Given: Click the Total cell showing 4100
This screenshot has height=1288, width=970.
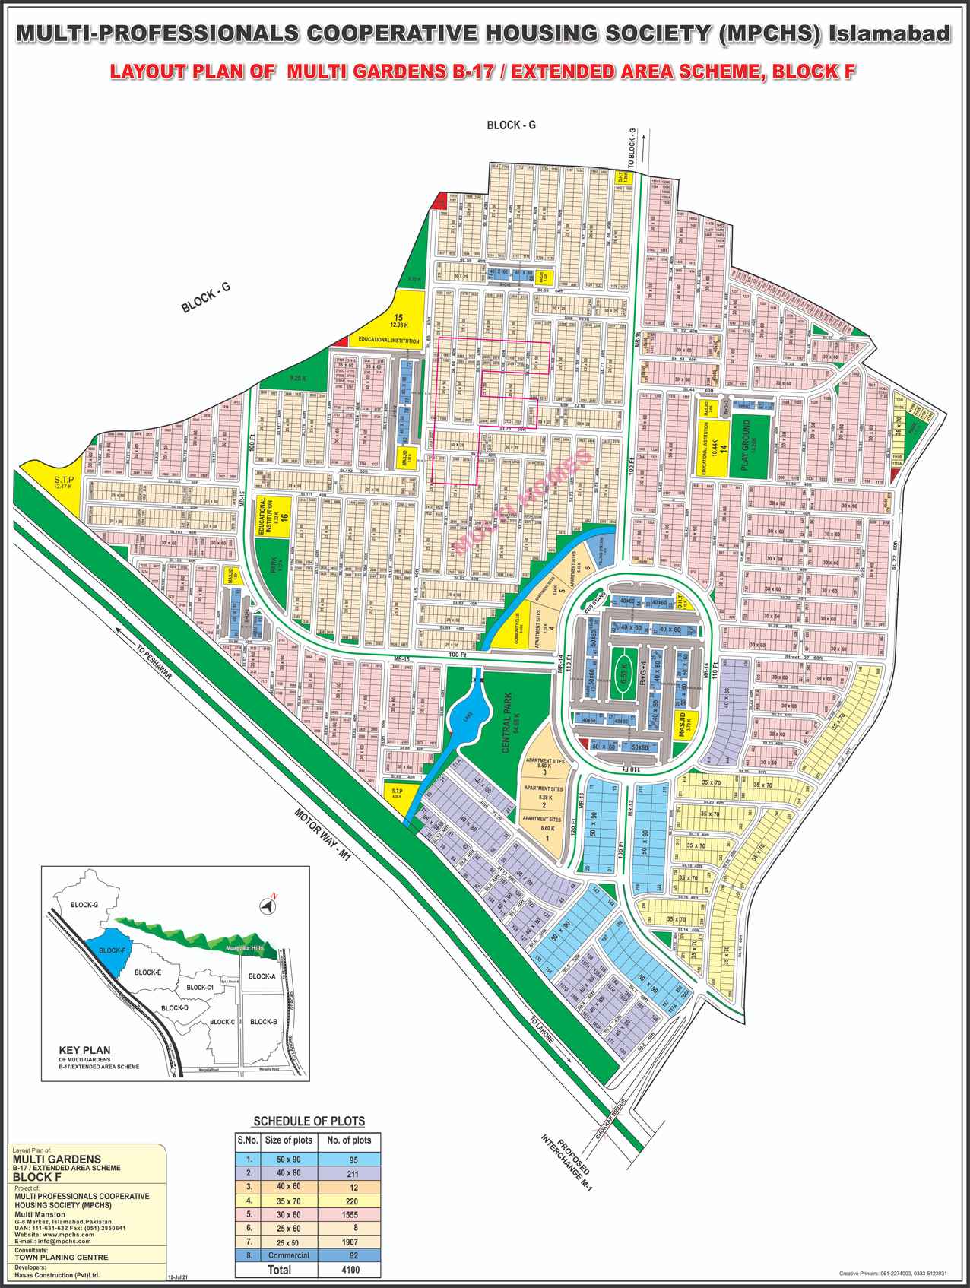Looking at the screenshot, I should (351, 1270).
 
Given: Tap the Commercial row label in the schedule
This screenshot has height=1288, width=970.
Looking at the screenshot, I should (288, 1255).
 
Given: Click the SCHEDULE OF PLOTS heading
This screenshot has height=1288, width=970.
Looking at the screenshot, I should (309, 1121).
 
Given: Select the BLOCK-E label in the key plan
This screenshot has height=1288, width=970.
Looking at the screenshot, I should (147, 972).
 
